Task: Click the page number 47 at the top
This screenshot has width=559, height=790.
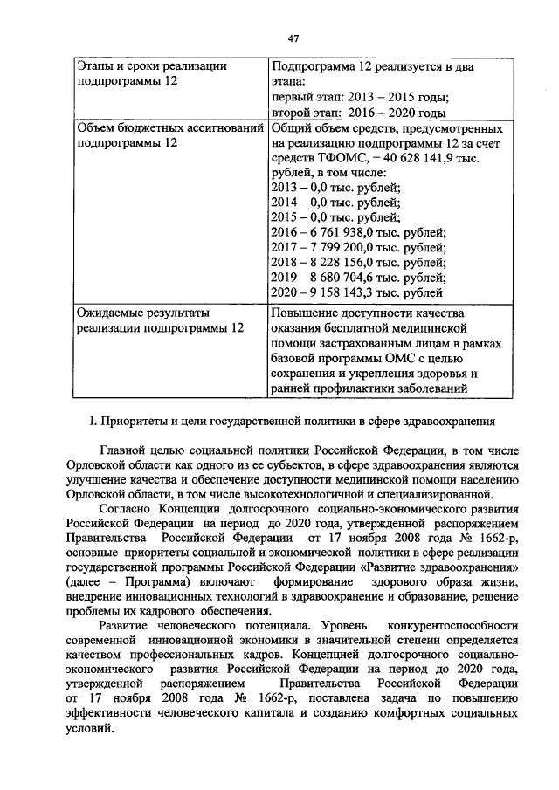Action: (293, 37)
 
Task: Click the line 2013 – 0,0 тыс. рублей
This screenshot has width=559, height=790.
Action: (336, 188)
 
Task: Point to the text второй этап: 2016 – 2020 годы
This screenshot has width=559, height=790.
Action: (358, 113)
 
